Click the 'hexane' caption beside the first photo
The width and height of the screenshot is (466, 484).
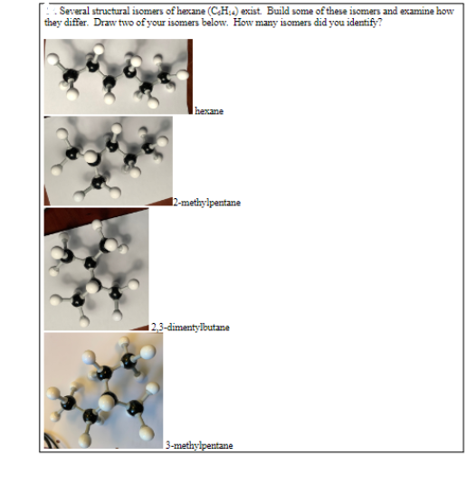209,110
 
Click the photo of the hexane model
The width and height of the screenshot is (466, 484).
118,76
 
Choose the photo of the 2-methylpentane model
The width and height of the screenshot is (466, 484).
108,160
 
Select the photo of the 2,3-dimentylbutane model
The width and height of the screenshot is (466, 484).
96,269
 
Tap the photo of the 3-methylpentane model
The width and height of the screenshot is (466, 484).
103,390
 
